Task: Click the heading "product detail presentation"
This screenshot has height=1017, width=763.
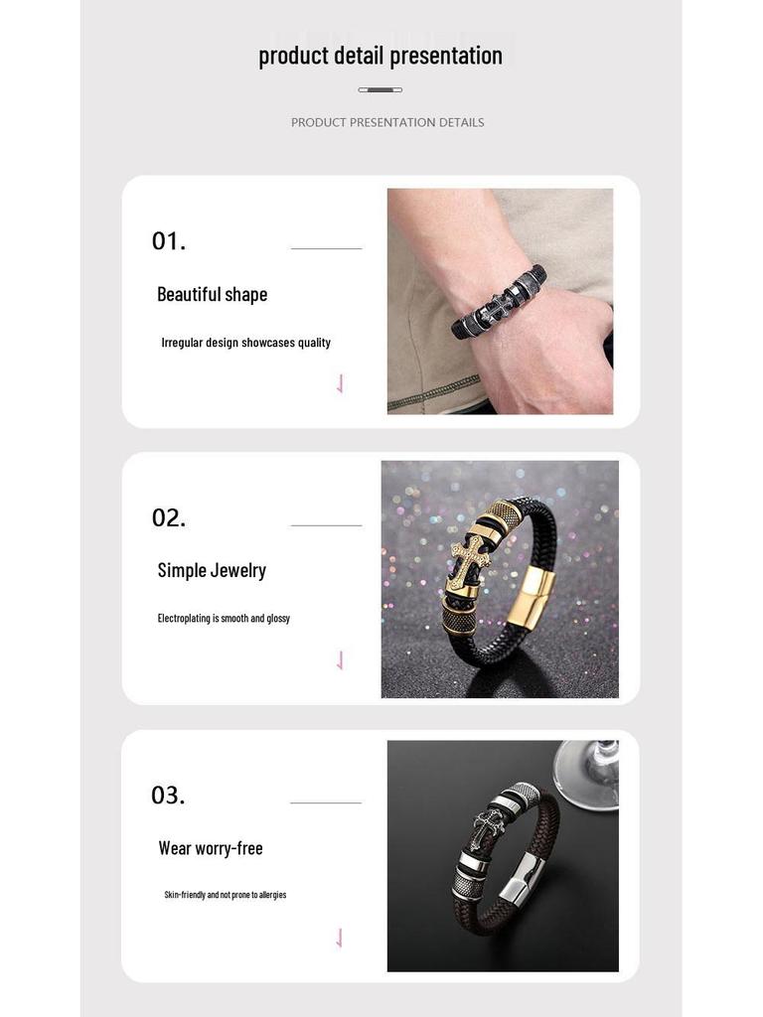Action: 381,56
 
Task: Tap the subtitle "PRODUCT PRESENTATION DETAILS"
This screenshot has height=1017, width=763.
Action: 387,122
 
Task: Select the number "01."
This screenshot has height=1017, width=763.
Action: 168,241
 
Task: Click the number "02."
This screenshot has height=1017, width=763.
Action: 168,517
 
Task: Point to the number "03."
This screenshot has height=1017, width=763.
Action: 168,796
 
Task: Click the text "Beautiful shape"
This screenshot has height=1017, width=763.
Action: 212,294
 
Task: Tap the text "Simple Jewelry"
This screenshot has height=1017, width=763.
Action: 212,570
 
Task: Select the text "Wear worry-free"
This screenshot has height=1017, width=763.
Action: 211,848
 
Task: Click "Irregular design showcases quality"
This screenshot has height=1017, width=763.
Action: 245,343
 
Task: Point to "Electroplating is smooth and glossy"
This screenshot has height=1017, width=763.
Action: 224,618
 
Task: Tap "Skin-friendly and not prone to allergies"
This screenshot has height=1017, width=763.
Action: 225,895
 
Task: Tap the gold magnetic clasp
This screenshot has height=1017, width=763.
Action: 529,604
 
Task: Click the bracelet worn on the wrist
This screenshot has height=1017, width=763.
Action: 497,302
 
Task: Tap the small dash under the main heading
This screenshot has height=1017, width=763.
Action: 381,90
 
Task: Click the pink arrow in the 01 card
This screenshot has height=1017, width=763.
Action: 340,383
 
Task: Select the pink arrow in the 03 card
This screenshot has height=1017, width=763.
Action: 340,938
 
